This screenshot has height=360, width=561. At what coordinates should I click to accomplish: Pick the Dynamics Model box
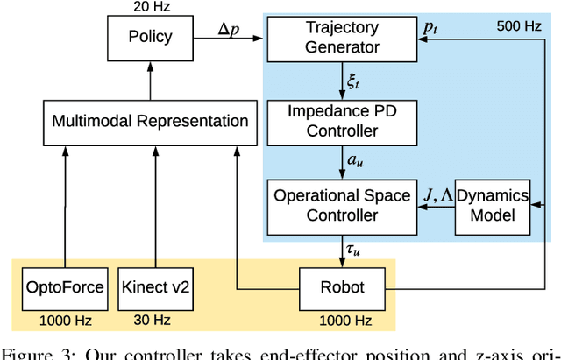pos(494,205)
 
